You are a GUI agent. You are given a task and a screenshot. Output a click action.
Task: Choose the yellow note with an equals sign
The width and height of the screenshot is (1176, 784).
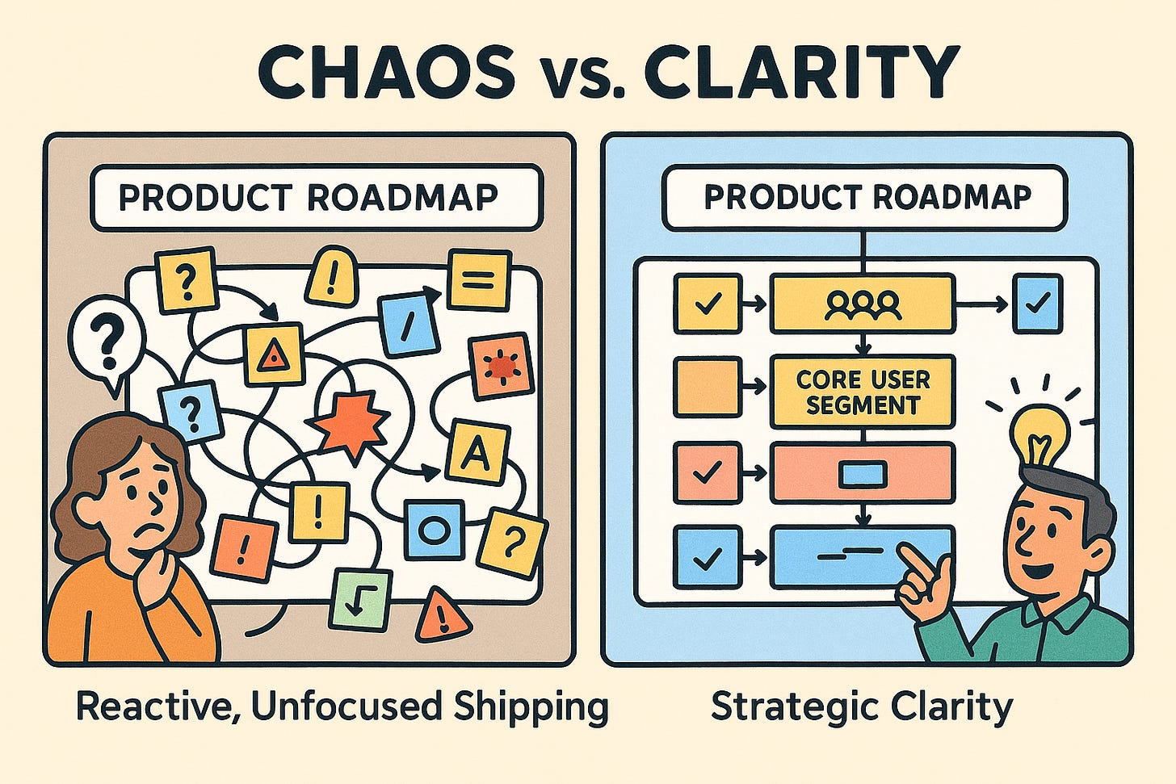pos(480,280)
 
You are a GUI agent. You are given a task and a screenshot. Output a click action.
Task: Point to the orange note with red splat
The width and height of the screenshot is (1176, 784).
pos(502,366)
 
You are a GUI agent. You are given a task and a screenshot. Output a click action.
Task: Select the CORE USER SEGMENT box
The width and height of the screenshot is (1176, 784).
pos(863,392)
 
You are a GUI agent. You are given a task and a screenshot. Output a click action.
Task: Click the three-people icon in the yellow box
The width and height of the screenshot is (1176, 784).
pos(863,304)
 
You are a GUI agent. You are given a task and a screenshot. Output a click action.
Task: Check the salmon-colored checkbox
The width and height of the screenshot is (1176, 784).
pos(707,473)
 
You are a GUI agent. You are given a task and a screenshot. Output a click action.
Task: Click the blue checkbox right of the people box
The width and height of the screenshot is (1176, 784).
pos(1038,304)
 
